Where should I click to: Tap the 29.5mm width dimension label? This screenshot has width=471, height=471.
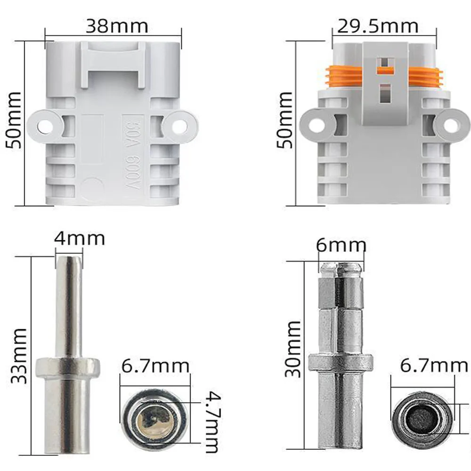point(375,26)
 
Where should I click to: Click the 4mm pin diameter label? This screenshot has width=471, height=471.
point(79,238)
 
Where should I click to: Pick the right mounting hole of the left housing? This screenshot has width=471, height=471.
point(179,126)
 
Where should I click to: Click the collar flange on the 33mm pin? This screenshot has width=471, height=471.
point(68,365)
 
